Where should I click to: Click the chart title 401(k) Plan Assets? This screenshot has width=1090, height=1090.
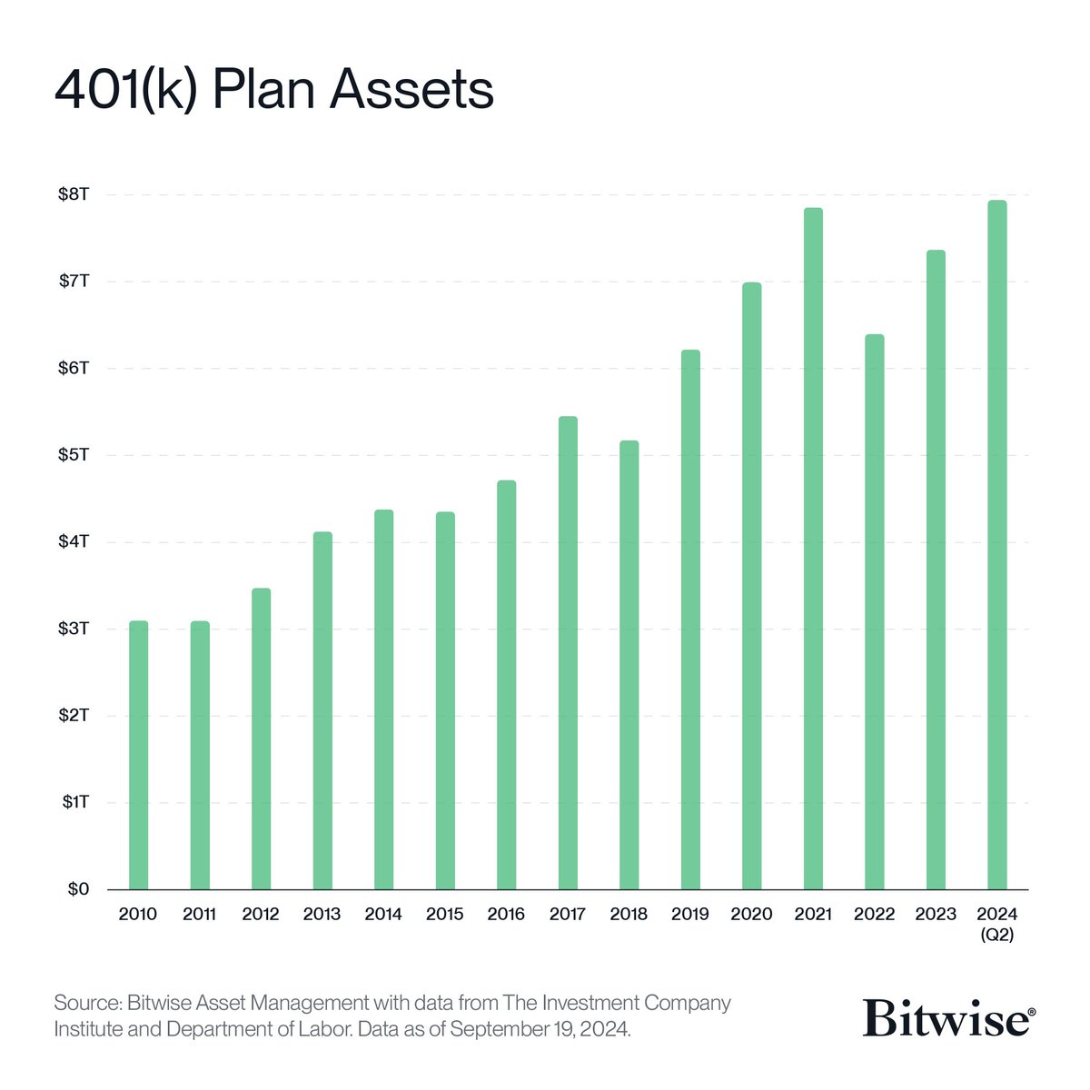pos(273,91)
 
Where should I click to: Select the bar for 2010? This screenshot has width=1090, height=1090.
pos(138,755)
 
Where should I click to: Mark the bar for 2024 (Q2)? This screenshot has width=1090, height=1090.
pos(997,544)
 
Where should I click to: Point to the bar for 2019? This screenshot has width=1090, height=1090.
pos(690,619)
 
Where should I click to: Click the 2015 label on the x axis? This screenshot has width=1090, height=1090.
pos(445,915)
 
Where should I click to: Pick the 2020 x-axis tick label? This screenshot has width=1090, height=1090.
pos(751,915)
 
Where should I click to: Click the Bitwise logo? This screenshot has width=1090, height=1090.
pos(947,1017)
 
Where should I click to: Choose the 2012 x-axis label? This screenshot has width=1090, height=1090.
pos(261,915)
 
